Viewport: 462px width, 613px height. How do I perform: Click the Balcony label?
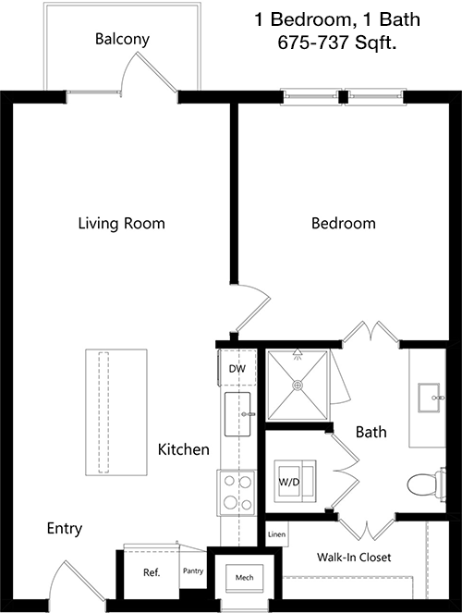122,39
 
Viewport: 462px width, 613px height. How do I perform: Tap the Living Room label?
121,223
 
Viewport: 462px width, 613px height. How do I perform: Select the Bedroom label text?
344,223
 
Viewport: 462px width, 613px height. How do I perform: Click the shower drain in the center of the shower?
298,386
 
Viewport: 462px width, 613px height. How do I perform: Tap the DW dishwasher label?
237,369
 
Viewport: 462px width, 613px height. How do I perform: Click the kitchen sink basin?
237,414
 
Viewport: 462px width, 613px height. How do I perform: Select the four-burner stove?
237,493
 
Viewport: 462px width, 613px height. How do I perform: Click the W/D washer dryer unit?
295,482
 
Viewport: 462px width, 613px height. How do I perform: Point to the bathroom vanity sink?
429,398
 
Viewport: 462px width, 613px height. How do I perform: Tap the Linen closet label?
276,534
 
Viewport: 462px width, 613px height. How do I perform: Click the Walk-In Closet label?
354,558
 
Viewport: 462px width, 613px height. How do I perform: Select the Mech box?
244,578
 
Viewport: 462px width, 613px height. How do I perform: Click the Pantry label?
193,571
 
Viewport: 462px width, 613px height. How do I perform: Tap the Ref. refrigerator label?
152,572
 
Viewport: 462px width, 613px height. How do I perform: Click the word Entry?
65,529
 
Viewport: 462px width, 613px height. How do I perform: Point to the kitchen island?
116,412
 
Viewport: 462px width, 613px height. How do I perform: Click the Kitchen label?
184,449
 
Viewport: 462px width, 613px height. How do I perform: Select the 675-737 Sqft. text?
337,43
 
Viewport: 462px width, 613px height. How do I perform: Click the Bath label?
371,432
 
